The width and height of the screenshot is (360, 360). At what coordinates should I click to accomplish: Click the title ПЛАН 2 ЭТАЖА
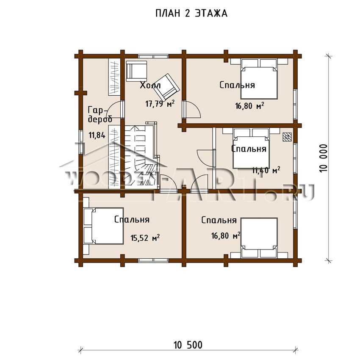[191, 13]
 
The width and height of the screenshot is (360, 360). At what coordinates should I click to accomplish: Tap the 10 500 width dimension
[188, 345]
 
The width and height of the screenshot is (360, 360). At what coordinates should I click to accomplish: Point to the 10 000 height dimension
[323, 158]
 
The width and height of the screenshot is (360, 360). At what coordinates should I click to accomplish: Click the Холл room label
[150, 86]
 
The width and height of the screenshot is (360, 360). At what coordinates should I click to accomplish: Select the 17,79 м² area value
[160, 103]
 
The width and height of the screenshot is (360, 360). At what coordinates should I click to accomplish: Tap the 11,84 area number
[97, 135]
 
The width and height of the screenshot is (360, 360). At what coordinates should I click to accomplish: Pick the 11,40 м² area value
[266, 170]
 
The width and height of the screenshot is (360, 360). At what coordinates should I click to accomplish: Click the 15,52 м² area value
[145, 238]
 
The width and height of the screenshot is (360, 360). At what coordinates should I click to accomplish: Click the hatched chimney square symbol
[287, 137]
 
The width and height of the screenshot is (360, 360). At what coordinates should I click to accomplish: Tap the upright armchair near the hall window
[136, 71]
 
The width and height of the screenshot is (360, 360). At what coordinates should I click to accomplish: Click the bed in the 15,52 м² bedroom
[103, 226]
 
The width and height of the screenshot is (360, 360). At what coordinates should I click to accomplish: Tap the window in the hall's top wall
[153, 56]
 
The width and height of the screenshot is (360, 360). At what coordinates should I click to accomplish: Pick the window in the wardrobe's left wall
[80, 141]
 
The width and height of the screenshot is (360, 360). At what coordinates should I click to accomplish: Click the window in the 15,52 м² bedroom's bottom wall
[153, 260]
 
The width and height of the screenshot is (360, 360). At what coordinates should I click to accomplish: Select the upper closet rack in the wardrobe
[114, 77]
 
